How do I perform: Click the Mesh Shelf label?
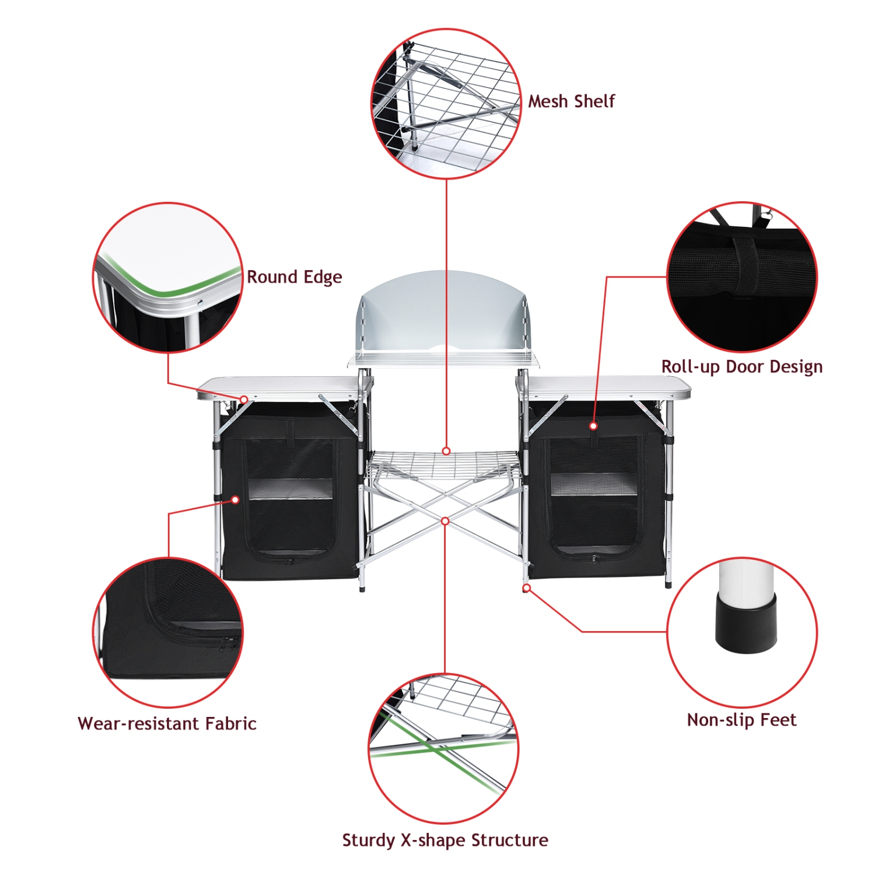[571, 101]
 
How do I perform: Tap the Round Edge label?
[294, 277]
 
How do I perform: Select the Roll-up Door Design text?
[741, 367]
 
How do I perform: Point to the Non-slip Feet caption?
[741, 720]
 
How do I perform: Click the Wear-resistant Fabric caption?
[167, 724]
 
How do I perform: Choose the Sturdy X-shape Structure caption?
[444, 840]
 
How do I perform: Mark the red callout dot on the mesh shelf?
[446, 451]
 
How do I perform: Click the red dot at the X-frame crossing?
[445, 521]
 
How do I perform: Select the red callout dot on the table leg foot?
[526, 588]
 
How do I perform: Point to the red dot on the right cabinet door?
[593, 426]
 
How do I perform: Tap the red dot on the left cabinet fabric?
[236, 500]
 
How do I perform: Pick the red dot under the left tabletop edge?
[244, 400]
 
